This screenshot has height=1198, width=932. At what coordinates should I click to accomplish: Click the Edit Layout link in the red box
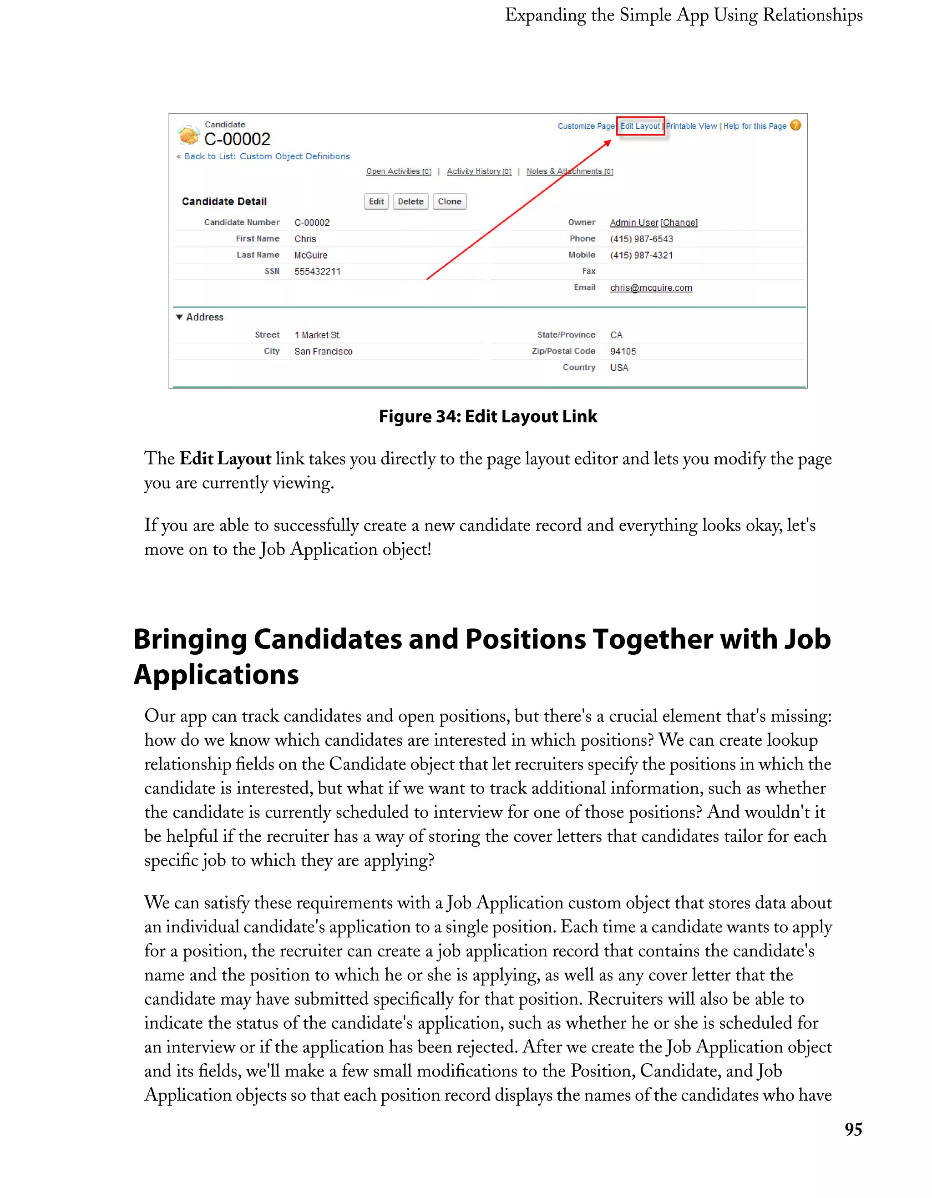(640, 126)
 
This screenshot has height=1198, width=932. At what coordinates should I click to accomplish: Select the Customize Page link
(586, 126)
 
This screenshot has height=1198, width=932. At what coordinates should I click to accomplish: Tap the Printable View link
(691, 126)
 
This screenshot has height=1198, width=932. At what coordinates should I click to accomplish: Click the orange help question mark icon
(795, 126)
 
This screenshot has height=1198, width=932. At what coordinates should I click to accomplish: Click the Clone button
(449, 201)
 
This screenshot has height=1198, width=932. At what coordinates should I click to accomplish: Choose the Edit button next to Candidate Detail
(376, 201)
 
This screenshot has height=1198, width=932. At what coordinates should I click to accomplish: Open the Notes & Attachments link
(569, 171)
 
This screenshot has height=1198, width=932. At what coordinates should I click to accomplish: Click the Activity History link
(479, 171)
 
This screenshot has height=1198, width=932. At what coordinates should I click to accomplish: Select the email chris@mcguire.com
(651, 288)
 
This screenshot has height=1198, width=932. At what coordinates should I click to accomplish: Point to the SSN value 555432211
(317, 272)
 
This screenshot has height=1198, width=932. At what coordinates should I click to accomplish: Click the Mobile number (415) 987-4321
(641, 255)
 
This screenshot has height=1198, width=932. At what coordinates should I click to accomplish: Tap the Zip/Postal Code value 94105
(623, 351)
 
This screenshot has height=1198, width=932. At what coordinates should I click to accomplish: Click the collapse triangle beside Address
(179, 317)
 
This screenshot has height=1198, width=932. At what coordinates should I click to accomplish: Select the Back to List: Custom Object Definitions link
(267, 157)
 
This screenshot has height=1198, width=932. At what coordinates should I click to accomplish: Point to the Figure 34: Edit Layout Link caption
(488, 416)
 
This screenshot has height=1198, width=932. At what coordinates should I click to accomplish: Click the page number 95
(853, 1129)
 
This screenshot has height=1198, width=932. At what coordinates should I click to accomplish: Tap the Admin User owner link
(634, 222)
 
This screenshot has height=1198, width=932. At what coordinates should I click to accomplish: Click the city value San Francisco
(323, 351)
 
